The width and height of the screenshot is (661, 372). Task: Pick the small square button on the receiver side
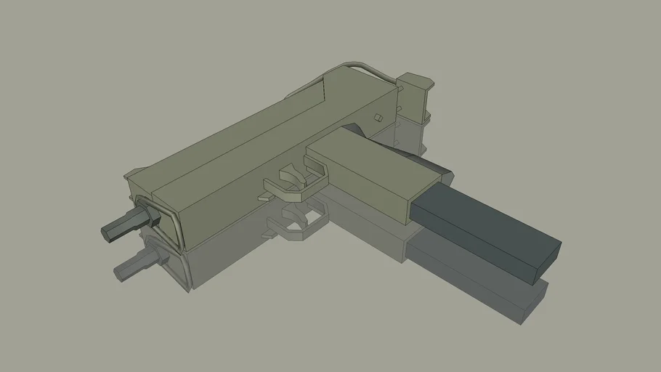378,118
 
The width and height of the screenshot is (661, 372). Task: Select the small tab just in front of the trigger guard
264,196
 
